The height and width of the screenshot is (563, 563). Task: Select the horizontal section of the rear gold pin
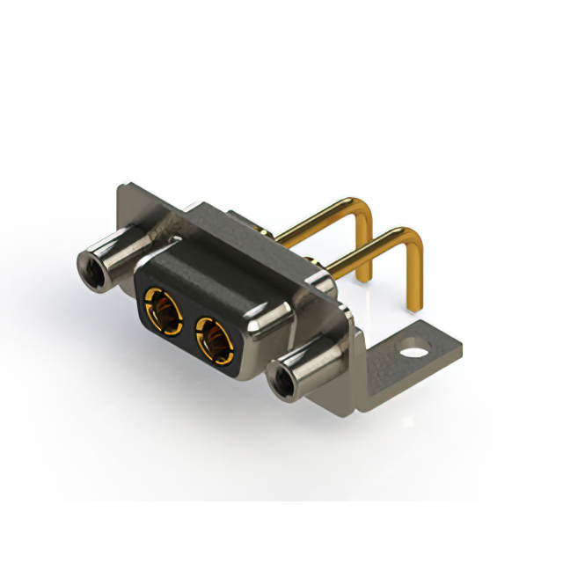pyautogui.click(x=317, y=220)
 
